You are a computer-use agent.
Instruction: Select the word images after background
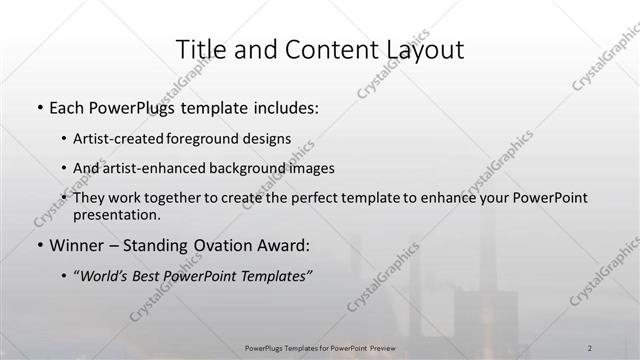310,168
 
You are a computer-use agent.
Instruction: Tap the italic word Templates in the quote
273,276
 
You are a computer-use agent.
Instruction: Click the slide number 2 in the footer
590,347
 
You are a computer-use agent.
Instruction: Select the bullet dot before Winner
39,245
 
